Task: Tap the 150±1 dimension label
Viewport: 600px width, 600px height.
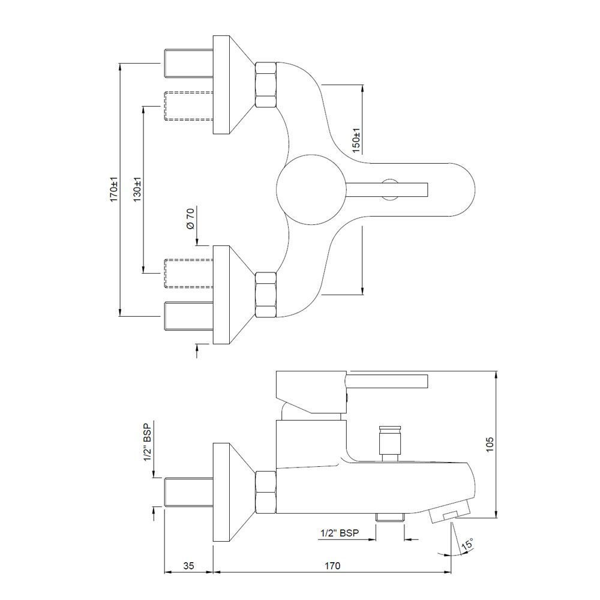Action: [x=356, y=140]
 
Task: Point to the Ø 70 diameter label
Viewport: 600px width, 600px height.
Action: [x=190, y=218]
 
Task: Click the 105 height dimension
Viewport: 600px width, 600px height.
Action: [x=490, y=445]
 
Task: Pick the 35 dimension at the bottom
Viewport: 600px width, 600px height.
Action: [x=189, y=566]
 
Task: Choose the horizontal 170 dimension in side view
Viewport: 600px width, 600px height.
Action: [x=332, y=566]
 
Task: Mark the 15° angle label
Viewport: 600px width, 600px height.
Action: [x=467, y=545]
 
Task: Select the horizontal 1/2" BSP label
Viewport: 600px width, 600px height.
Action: [x=340, y=532]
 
